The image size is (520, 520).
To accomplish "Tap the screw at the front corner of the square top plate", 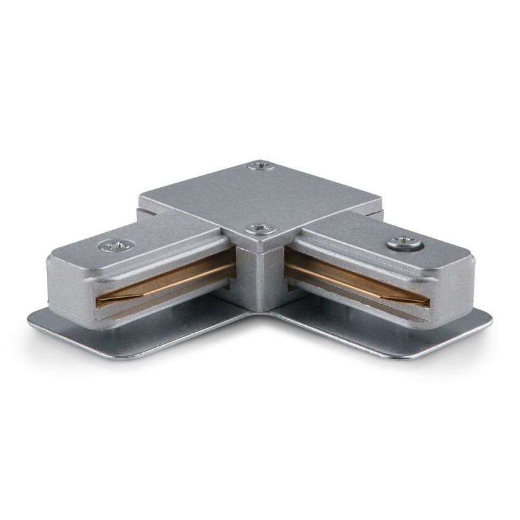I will click(x=256, y=228).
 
